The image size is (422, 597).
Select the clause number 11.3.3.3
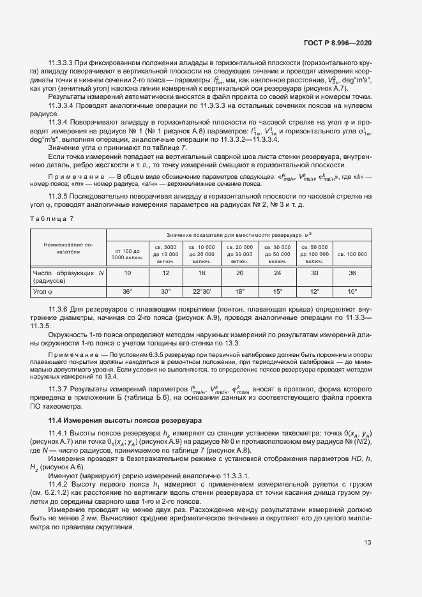[61, 63]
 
